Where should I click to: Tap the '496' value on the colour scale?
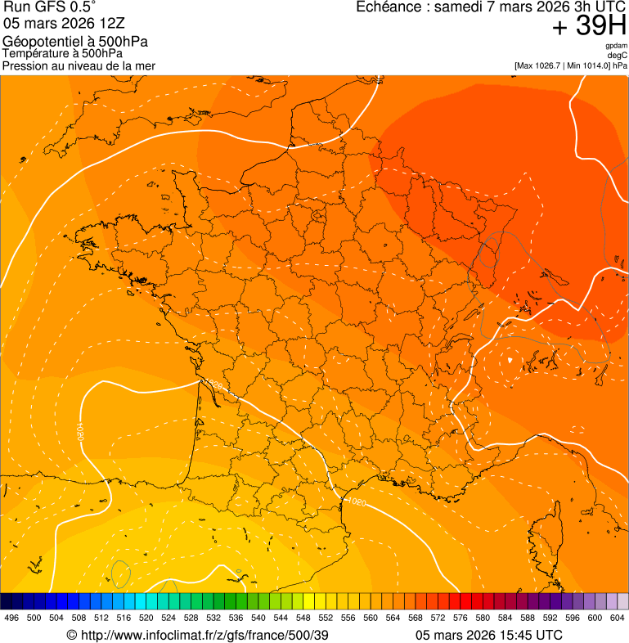coord(11,618)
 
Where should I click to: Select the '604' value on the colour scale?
coord(618,618)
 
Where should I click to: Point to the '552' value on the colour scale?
coord(326,618)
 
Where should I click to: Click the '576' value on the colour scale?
coord(461,618)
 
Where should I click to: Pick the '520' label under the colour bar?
coord(146,618)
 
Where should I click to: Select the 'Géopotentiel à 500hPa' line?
coord(75,42)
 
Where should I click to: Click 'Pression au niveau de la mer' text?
coord(79,65)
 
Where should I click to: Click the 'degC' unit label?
coord(618,55)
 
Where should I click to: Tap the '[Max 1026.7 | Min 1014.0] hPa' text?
coord(570,65)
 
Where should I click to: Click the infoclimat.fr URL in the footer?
coord(197,635)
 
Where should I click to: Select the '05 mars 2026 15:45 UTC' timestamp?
coord(489,635)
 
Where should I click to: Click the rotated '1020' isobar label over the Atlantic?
coord(81,431)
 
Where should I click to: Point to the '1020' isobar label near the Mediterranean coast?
coord(357,501)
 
